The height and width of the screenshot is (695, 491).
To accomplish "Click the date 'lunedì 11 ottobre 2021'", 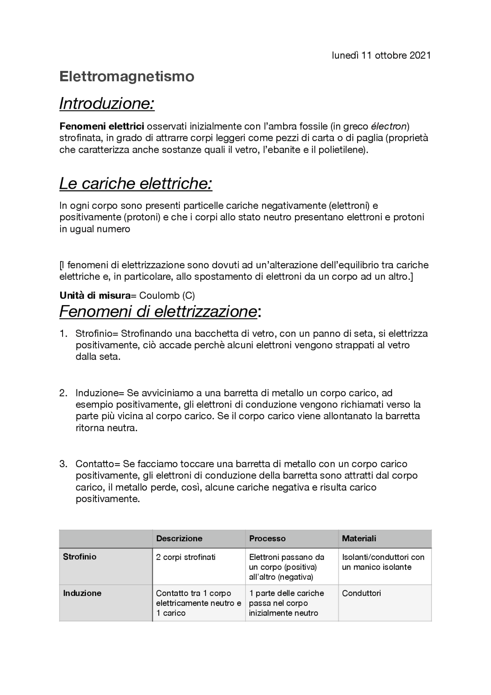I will click(381, 56).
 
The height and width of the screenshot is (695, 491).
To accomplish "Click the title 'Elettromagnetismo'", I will click(127, 76).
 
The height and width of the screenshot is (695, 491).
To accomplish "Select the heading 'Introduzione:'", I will click(107, 103).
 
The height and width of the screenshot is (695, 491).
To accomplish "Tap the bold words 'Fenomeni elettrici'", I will click(102, 126).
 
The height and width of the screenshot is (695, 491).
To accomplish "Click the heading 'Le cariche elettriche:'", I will click(136, 183).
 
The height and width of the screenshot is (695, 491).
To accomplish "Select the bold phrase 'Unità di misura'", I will click(95, 295).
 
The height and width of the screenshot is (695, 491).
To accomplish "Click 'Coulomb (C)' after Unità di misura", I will click(167, 295).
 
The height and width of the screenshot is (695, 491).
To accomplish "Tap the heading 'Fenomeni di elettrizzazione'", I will click(158, 311).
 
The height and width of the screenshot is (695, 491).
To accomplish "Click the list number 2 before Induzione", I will click(63, 393).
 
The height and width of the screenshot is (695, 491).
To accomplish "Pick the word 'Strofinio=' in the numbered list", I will click(98, 333).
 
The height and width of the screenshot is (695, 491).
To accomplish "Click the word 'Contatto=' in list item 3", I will click(98, 464).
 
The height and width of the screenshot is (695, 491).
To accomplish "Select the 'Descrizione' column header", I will click(179, 538).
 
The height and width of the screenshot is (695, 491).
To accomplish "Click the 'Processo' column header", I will click(267, 538).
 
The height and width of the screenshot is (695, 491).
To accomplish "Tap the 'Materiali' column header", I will click(359, 538).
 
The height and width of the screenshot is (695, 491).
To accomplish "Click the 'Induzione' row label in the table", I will click(82, 593).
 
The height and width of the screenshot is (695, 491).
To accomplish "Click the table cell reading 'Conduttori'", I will click(361, 593).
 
